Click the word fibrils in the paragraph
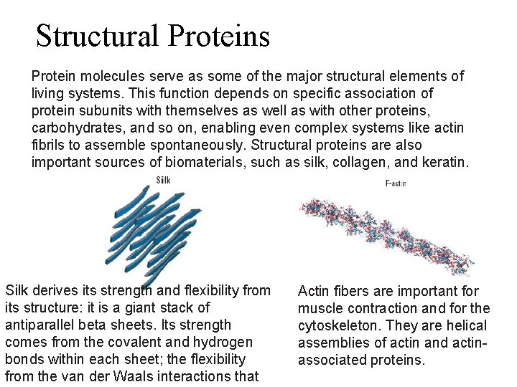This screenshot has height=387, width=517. (x=47, y=145)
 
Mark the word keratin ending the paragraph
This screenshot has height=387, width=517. (x=445, y=162)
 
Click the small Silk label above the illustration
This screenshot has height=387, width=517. (x=163, y=179)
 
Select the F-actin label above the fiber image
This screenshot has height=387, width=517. (x=396, y=183)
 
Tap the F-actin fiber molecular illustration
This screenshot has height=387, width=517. (x=388, y=229)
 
